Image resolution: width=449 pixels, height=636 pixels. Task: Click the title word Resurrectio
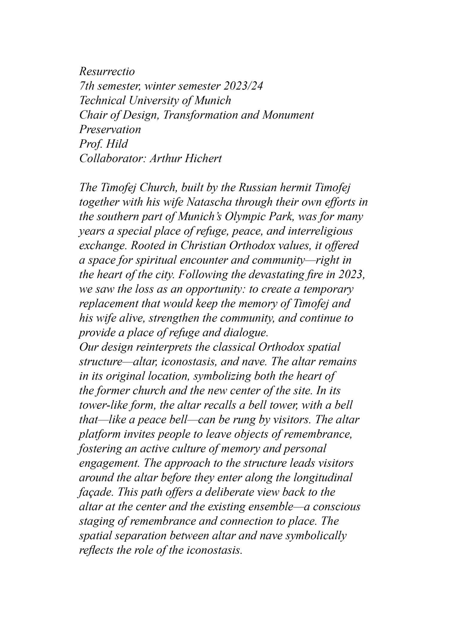point(107,71)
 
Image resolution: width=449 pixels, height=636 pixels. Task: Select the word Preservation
point(110,129)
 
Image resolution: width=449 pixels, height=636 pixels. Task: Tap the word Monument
point(288,115)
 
